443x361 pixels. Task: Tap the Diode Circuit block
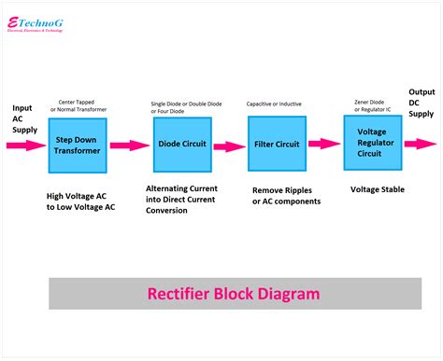pyautogui.click(x=181, y=145)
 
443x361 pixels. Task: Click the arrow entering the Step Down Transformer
pyautogui.click(x=26, y=146)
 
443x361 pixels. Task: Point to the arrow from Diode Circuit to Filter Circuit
pyautogui.click(x=229, y=146)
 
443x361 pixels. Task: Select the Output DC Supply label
pyautogui.click(x=422, y=102)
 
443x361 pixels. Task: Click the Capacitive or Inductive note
pyautogui.click(x=274, y=104)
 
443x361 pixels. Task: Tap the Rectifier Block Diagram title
pyautogui.click(x=234, y=293)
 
